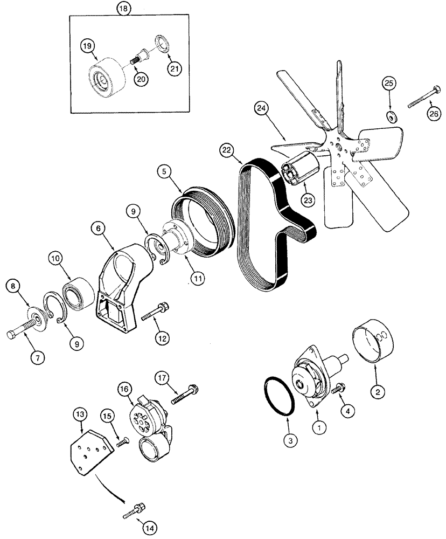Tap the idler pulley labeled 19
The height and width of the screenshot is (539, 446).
(x=106, y=75)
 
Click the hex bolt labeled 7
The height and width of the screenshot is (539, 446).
(x=24, y=330)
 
